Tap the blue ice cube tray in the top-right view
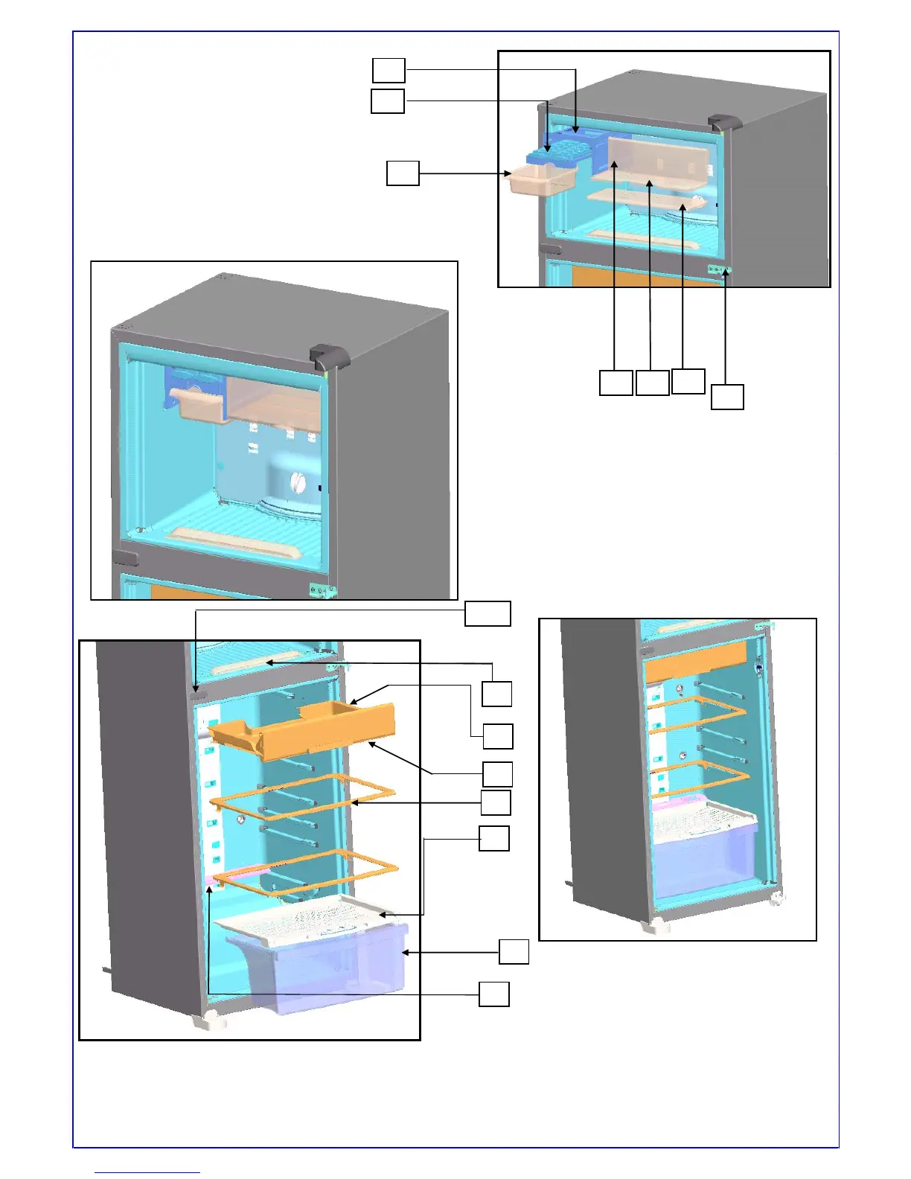click(x=552, y=155)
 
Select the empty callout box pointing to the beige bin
click(x=403, y=173)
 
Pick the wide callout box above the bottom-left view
click(x=488, y=613)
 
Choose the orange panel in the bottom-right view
click(x=695, y=662)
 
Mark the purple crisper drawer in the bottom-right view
click(x=703, y=856)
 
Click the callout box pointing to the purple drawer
click(x=514, y=952)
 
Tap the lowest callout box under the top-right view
click(x=727, y=397)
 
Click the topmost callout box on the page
click(x=389, y=70)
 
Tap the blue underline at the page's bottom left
click(x=147, y=1172)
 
